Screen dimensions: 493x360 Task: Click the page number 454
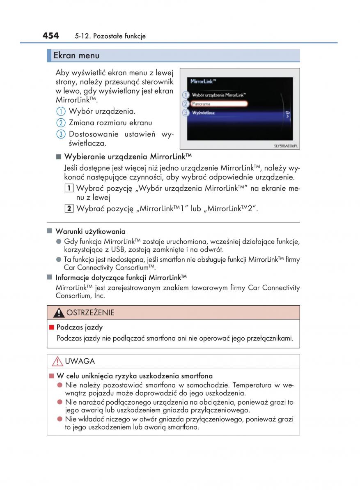tap(50, 36)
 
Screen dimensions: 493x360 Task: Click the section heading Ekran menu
tap(76, 55)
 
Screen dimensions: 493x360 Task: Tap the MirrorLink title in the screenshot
tap(203, 81)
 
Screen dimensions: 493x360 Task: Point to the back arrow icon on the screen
tap(287, 114)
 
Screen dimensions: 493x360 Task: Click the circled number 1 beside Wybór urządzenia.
tap(60, 111)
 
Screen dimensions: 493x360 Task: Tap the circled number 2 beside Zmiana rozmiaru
tap(60, 123)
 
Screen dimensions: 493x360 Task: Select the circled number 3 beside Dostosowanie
tap(60, 134)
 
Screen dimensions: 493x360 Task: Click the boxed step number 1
tap(69, 189)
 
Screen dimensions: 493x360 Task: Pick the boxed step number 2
tap(69, 208)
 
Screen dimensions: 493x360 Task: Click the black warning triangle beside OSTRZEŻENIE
tap(59, 313)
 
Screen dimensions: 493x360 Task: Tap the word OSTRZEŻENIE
tap(90, 313)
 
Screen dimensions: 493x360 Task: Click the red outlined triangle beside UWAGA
tap(57, 362)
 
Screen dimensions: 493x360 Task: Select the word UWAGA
tap(80, 362)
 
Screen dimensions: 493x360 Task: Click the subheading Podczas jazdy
tap(79, 327)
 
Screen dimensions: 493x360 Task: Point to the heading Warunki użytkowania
tap(90, 232)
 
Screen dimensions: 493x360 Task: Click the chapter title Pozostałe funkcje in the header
tap(119, 37)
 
